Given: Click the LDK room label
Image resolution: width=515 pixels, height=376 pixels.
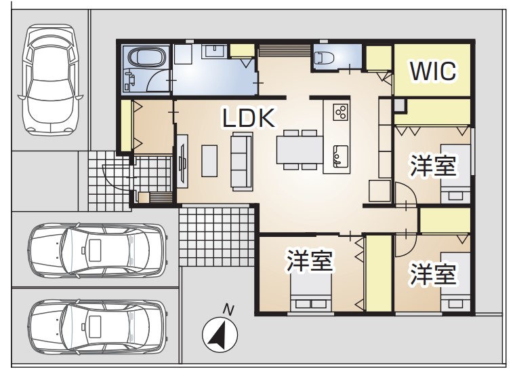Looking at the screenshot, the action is [x=249, y=118].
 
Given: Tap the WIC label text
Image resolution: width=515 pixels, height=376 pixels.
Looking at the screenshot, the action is [x=433, y=71].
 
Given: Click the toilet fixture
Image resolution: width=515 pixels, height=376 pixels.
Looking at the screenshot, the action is [x=323, y=58].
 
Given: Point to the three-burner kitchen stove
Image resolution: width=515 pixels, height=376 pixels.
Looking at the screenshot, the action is [x=341, y=111].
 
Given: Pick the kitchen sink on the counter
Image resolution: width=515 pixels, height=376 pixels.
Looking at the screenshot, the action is [x=341, y=156].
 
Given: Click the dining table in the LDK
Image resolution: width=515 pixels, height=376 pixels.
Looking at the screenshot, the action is [x=300, y=150].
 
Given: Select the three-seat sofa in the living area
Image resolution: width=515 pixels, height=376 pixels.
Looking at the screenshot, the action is [x=242, y=161].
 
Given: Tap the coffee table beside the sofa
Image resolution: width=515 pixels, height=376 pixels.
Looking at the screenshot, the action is [x=209, y=161].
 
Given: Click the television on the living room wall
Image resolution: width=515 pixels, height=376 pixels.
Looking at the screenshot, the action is [x=182, y=161].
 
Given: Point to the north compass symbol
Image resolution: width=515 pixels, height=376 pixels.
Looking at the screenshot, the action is [x=220, y=335].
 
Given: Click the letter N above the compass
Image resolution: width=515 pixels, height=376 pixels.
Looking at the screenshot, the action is [x=228, y=310].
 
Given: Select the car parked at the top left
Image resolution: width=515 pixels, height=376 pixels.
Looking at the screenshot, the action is [x=50, y=79].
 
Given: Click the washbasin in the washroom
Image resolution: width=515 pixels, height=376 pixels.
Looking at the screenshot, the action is [x=214, y=52].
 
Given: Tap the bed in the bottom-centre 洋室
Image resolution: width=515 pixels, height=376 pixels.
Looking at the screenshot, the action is [x=310, y=292].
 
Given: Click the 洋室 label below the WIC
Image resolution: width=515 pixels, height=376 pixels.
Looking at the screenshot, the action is [x=433, y=166].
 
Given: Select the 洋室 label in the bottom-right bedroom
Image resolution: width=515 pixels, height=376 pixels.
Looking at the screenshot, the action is [x=433, y=274].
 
